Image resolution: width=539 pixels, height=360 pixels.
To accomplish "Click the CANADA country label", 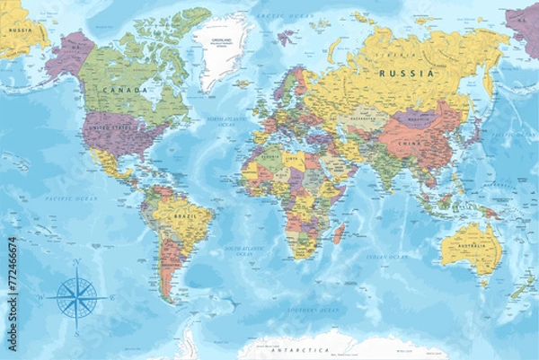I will click(125, 91).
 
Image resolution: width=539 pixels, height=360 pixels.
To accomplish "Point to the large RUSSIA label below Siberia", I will click(406, 73).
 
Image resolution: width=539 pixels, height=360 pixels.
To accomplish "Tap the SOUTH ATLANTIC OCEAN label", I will click(249, 251).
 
